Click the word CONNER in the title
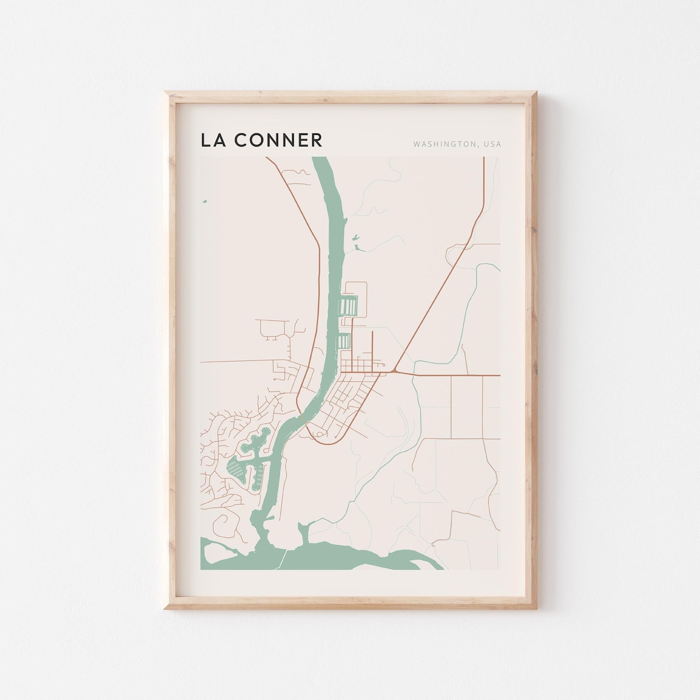[x=278, y=139]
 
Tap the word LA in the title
[x=213, y=139]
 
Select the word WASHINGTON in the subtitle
[x=444, y=144]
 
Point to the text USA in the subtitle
[x=492, y=144]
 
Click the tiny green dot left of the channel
[x=204, y=202]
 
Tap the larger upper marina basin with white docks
[x=349, y=305]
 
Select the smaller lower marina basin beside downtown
[x=344, y=341]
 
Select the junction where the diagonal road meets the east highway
[x=394, y=372]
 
